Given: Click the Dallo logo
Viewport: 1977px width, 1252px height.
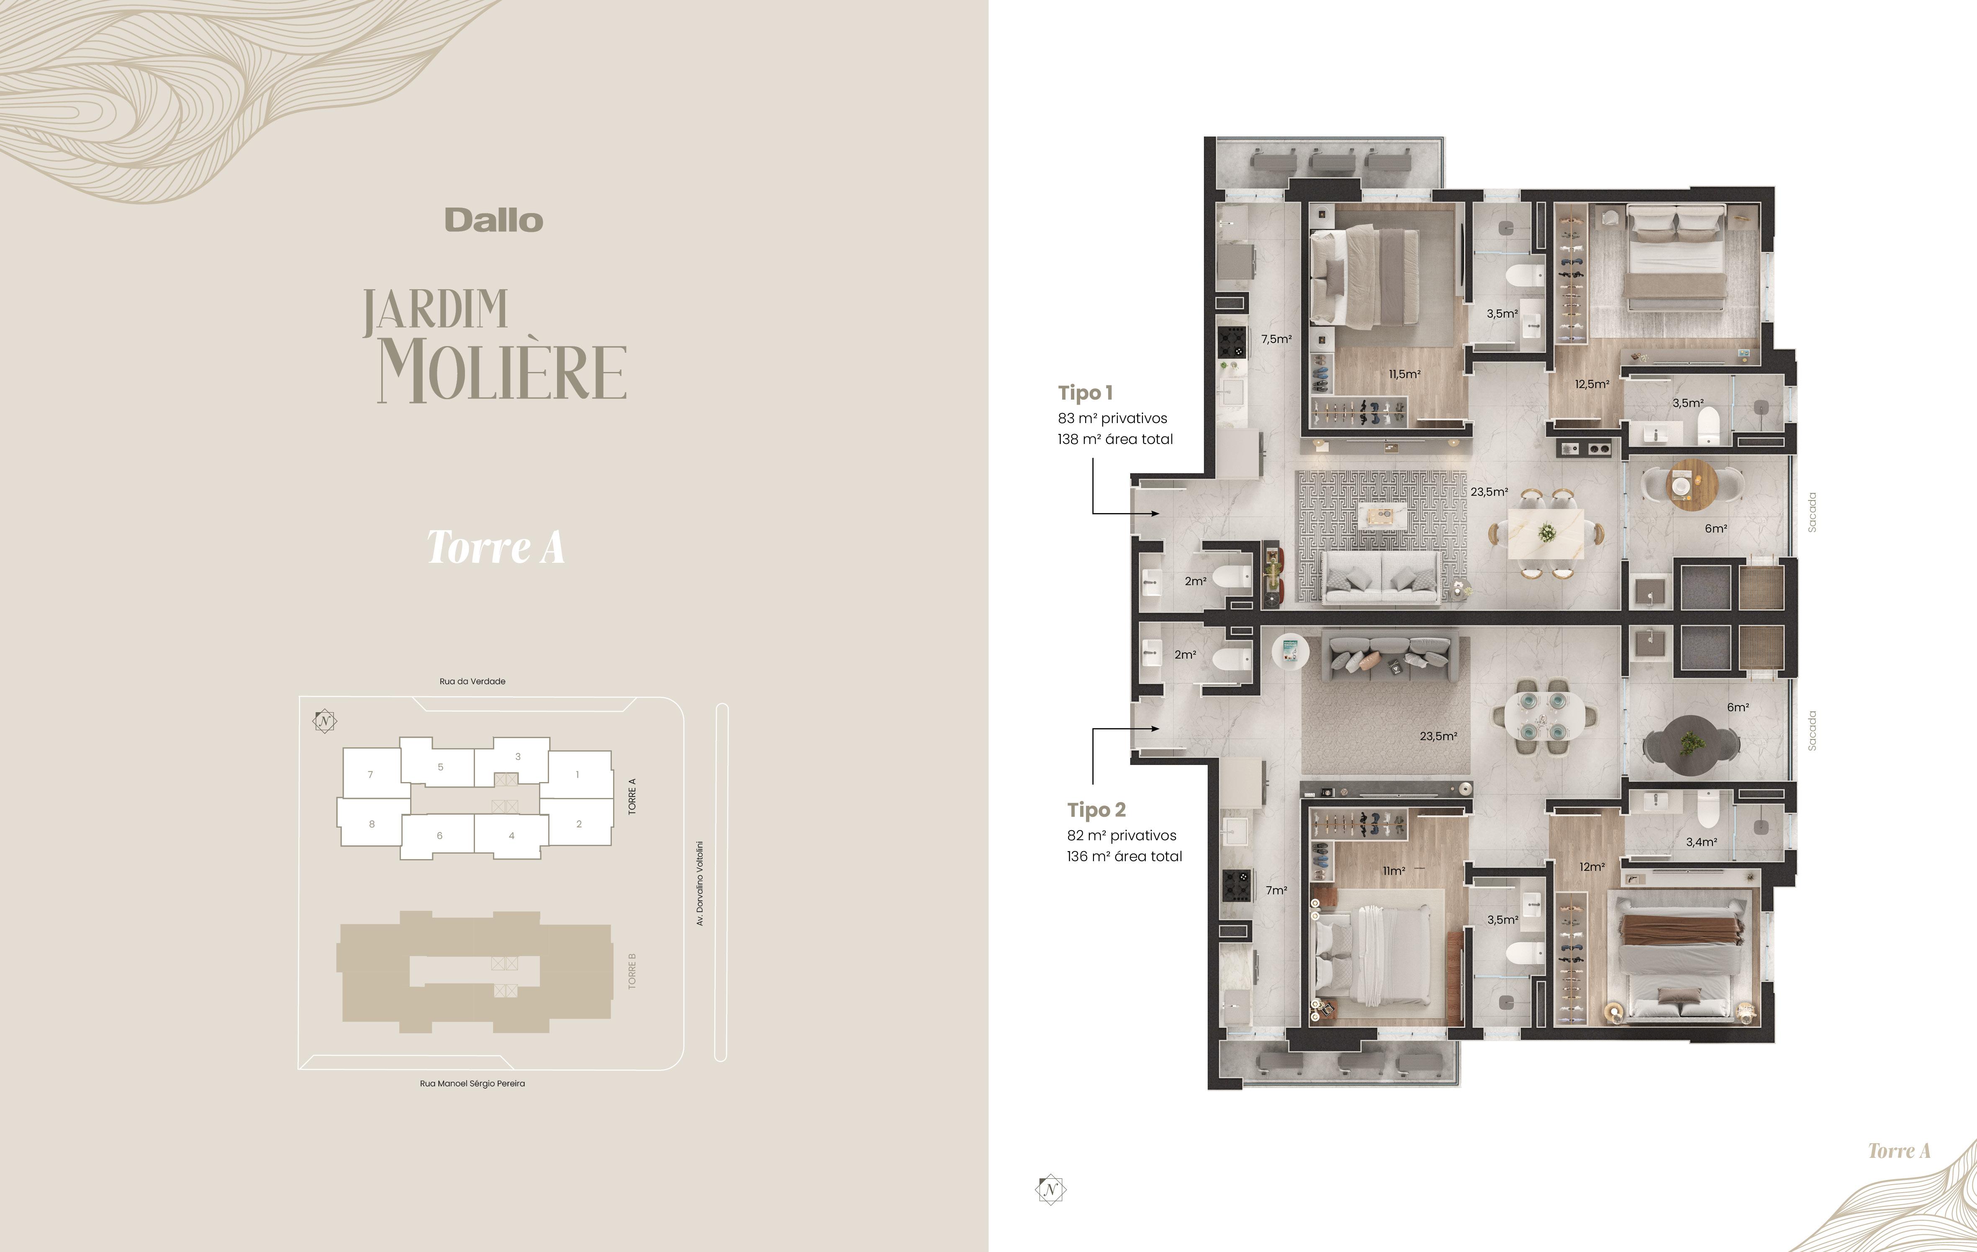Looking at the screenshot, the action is pos(493,220).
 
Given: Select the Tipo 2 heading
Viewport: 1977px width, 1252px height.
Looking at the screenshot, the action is pos(1096,810).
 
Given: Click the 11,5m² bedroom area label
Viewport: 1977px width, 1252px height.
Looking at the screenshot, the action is pos(1405,375).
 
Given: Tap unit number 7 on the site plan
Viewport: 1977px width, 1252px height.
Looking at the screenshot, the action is pos(370,774).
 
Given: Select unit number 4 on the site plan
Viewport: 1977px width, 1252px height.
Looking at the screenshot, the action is pos(511,836).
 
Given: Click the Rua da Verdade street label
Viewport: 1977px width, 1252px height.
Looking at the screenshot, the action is pos(472,681).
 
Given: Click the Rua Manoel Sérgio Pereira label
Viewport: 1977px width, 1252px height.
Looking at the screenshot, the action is pos(472,1084).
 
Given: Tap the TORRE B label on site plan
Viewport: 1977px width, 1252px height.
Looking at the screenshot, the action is pos(632,971).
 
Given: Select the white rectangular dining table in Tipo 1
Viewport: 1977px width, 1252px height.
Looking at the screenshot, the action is pos(1546,534).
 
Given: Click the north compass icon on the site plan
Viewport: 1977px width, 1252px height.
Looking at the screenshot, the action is pos(325,721).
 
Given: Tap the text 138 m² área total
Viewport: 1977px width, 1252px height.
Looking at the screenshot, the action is pos(1115,439).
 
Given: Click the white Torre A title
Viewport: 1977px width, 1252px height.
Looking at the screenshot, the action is pos(495,547).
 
